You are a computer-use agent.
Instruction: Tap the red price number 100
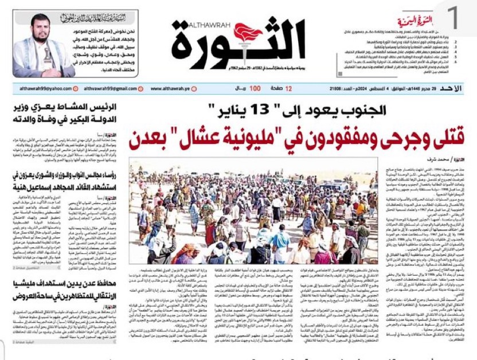point(255,89)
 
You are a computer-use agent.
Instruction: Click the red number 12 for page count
point(289,89)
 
